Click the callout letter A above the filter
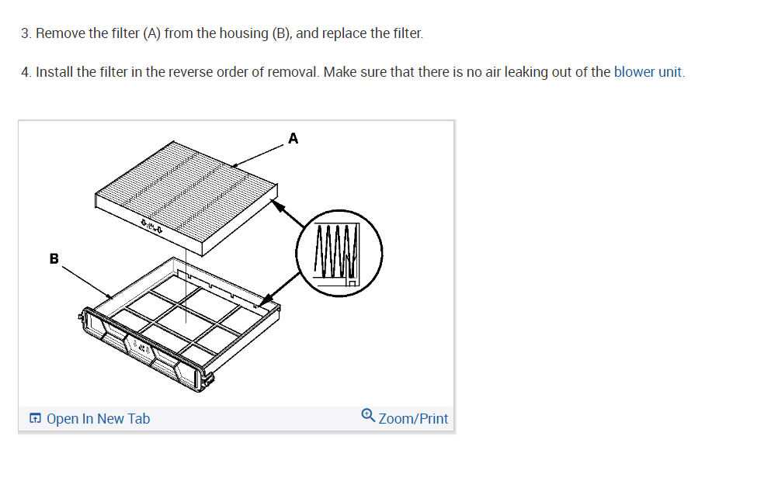tap(293, 139)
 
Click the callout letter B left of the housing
tap(54, 258)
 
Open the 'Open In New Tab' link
tap(98, 419)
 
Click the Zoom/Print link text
tap(413, 419)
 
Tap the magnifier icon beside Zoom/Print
tap(368, 417)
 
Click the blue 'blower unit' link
tap(648, 72)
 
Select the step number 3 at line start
tap(26, 33)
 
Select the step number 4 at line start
tap(26, 72)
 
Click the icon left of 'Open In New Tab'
tap(36, 419)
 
